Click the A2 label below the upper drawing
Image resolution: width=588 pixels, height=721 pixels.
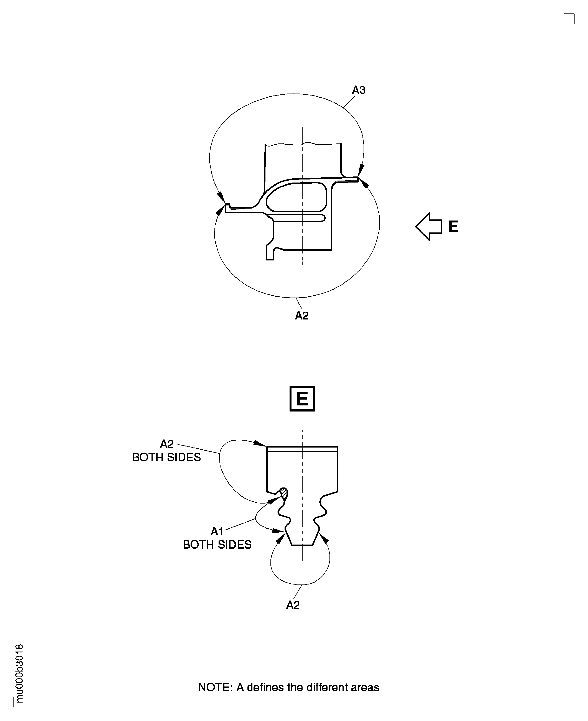301,316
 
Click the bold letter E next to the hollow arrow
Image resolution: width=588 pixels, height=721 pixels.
453,227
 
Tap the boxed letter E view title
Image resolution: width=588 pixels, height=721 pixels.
302,399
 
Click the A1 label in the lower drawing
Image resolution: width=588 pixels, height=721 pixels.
217,531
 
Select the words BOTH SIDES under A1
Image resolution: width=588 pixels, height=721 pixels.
217,545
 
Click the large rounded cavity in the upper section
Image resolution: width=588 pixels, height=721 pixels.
296,196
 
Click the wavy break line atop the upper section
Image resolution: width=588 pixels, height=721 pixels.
303,144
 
